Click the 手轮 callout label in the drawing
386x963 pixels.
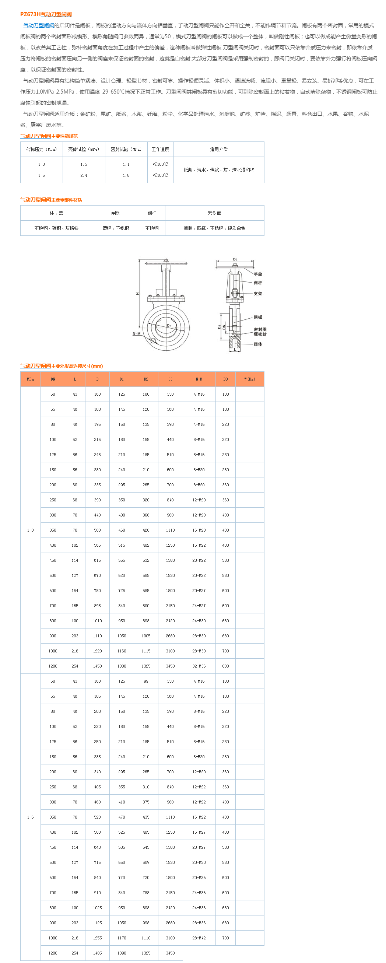258,274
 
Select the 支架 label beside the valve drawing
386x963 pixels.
258,294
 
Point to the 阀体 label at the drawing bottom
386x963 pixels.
258,344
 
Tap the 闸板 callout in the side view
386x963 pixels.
258,317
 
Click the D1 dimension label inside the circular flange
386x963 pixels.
169,326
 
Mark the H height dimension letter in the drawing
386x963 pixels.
137,294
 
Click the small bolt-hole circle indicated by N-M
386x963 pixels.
153,340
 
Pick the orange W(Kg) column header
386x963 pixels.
249,379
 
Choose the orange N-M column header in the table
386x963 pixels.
199,379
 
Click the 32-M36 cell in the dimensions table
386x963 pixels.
199,666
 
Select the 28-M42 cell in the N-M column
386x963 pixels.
199,938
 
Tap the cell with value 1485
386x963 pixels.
97,953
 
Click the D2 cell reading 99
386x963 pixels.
146,681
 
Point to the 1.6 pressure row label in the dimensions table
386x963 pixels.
30,817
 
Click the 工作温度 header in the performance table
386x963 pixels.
160,149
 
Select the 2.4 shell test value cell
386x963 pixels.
84,175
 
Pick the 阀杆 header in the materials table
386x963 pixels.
152,213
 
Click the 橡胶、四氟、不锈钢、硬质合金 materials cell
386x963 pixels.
214,228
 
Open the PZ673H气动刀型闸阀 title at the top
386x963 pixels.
46,14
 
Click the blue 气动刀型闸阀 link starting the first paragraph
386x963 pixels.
38,25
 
